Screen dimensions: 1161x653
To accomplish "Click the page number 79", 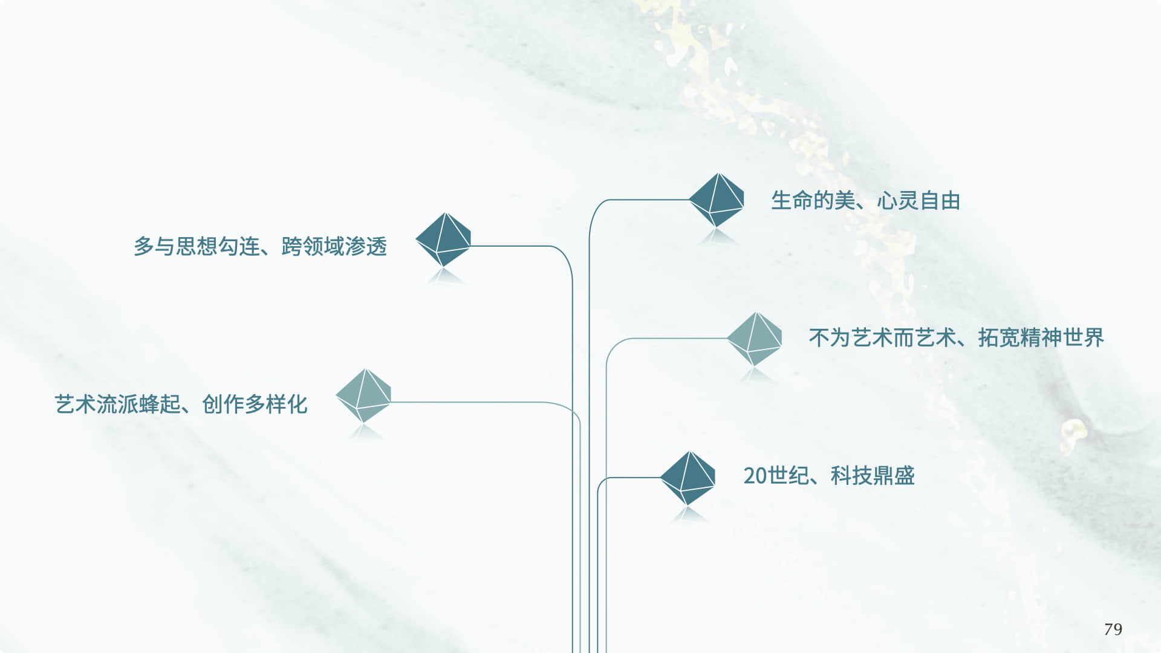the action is (1113, 629).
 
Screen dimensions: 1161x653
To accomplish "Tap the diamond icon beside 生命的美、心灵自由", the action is (717, 200).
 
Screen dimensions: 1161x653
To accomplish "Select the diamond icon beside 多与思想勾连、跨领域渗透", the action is (443, 240).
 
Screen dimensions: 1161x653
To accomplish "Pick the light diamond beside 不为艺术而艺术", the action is (754, 339).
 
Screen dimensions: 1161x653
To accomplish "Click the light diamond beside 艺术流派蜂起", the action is (363, 396).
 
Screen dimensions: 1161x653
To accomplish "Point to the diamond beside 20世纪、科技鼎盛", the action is (688, 478).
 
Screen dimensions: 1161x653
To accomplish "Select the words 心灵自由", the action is (919, 201).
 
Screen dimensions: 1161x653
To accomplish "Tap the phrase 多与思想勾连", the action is (197, 247).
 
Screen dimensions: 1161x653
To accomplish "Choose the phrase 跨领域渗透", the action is (334, 247).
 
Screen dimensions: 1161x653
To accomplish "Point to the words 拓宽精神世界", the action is (1041, 337).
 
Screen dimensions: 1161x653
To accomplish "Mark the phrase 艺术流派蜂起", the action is (117, 404).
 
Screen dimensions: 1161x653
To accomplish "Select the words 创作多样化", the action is (255, 404).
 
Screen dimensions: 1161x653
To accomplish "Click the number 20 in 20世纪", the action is (755, 476).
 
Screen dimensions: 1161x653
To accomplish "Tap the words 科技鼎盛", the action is (872, 476).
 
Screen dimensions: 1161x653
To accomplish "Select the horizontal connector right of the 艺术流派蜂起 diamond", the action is (472, 402).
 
